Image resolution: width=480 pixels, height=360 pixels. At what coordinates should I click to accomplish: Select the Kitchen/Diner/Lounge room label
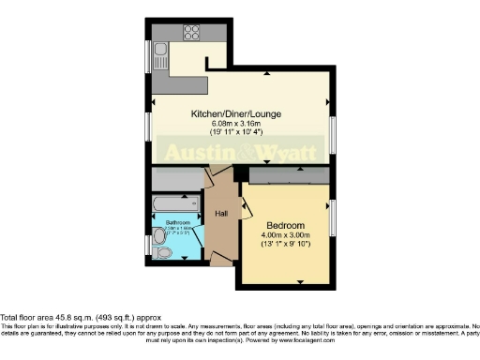236,114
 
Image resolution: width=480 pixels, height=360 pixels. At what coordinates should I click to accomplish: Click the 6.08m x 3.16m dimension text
236,124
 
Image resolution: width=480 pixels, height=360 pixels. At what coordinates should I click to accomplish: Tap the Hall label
222,214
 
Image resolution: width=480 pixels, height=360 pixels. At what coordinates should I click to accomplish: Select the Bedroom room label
285,226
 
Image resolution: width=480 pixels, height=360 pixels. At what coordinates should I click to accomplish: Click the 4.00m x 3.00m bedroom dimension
285,236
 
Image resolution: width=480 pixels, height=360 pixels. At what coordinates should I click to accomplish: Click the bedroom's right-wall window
331,218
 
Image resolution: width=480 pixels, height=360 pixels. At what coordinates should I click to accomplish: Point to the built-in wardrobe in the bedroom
287,176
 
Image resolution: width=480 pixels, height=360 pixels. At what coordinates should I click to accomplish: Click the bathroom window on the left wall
150,246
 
